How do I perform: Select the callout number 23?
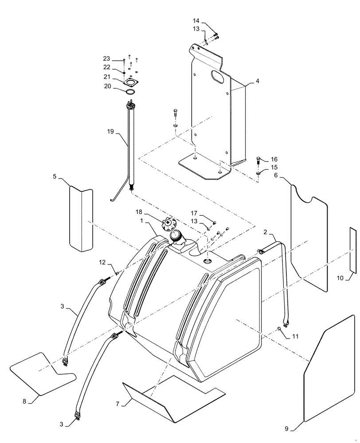point(106,59)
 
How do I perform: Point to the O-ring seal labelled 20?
point(130,92)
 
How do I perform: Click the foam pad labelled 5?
point(81,219)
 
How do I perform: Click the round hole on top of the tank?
point(208,262)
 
